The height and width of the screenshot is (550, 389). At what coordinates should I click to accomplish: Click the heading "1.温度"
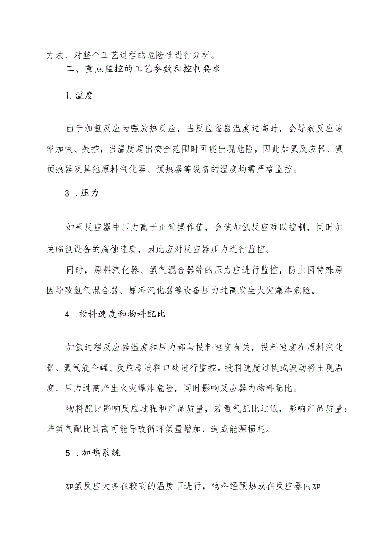coord(79,95)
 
